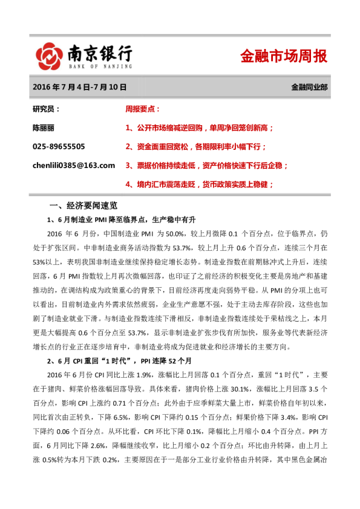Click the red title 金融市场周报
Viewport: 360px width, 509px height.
click(284, 56)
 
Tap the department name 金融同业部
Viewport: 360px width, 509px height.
click(309, 87)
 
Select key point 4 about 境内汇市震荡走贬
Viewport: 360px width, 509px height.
click(199, 184)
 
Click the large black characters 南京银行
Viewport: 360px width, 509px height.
click(100, 52)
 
